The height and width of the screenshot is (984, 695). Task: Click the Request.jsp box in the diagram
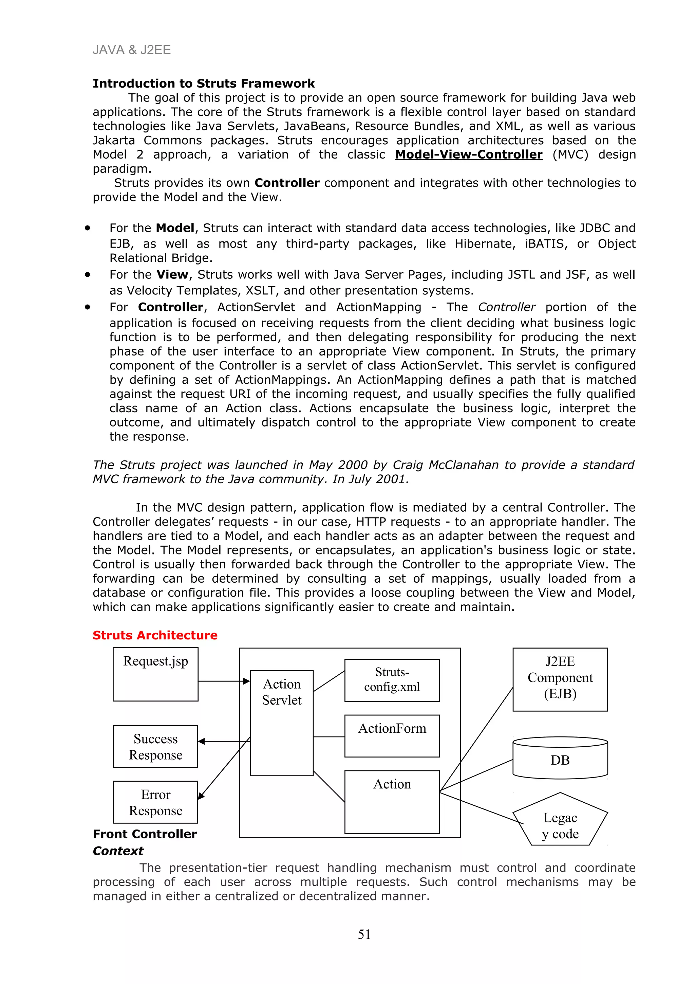(155, 674)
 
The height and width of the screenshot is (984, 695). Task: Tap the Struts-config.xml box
(392, 680)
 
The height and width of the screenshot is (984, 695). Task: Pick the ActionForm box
(392, 735)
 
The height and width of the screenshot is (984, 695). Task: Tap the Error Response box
(155, 802)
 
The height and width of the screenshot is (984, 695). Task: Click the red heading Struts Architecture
(155, 635)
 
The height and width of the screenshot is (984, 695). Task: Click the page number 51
(364, 934)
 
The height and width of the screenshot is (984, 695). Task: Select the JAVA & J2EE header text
(131, 50)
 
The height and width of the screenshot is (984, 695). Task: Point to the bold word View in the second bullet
(172, 275)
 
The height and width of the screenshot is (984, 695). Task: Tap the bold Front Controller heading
(145, 834)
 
